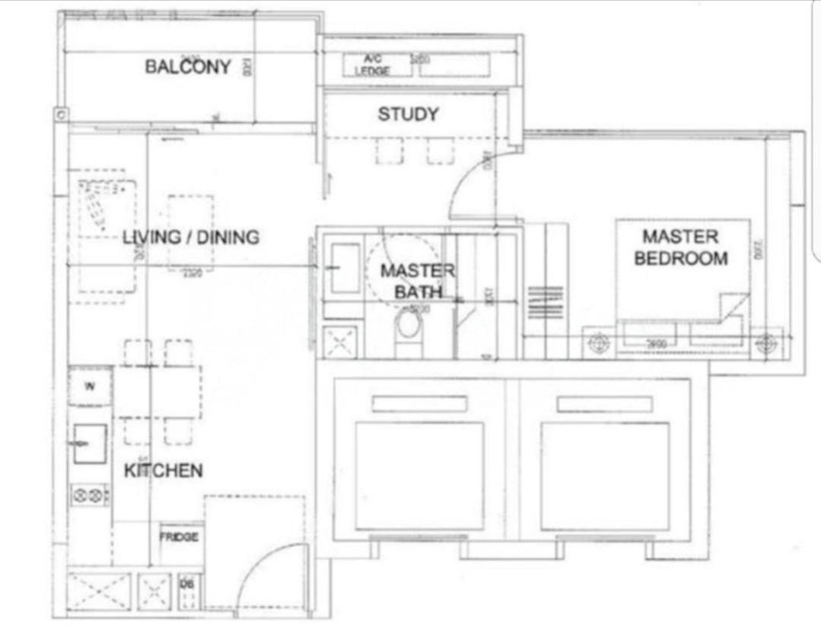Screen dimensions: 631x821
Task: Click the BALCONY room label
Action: pyautogui.click(x=187, y=67)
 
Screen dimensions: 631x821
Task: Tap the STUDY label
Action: pyautogui.click(x=408, y=115)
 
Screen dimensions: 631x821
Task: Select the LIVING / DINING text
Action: pyautogui.click(x=191, y=237)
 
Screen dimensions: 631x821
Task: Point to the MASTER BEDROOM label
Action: pyautogui.click(x=680, y=247)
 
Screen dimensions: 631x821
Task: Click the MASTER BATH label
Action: pyautogui.click(x=417, y=281)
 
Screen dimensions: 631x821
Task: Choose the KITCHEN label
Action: pyautogui.click(x=163, y=470)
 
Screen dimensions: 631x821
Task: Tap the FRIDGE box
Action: pyautogui.click(x=180, y=537)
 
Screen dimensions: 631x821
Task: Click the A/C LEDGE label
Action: pyautogui.click(x=372, y=65)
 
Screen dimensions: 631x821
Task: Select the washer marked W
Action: pyautogui.click(x=90, y=387)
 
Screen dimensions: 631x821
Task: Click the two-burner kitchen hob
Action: pyautogui.click(x=90, y=496)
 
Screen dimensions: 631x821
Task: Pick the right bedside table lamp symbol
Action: pyautogui.click(x=765, y=343)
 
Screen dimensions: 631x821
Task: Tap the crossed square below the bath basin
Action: pyautogui.click(x=340, y=341)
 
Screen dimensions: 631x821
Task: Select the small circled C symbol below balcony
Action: pyautogui.click(x=61, y=114)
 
